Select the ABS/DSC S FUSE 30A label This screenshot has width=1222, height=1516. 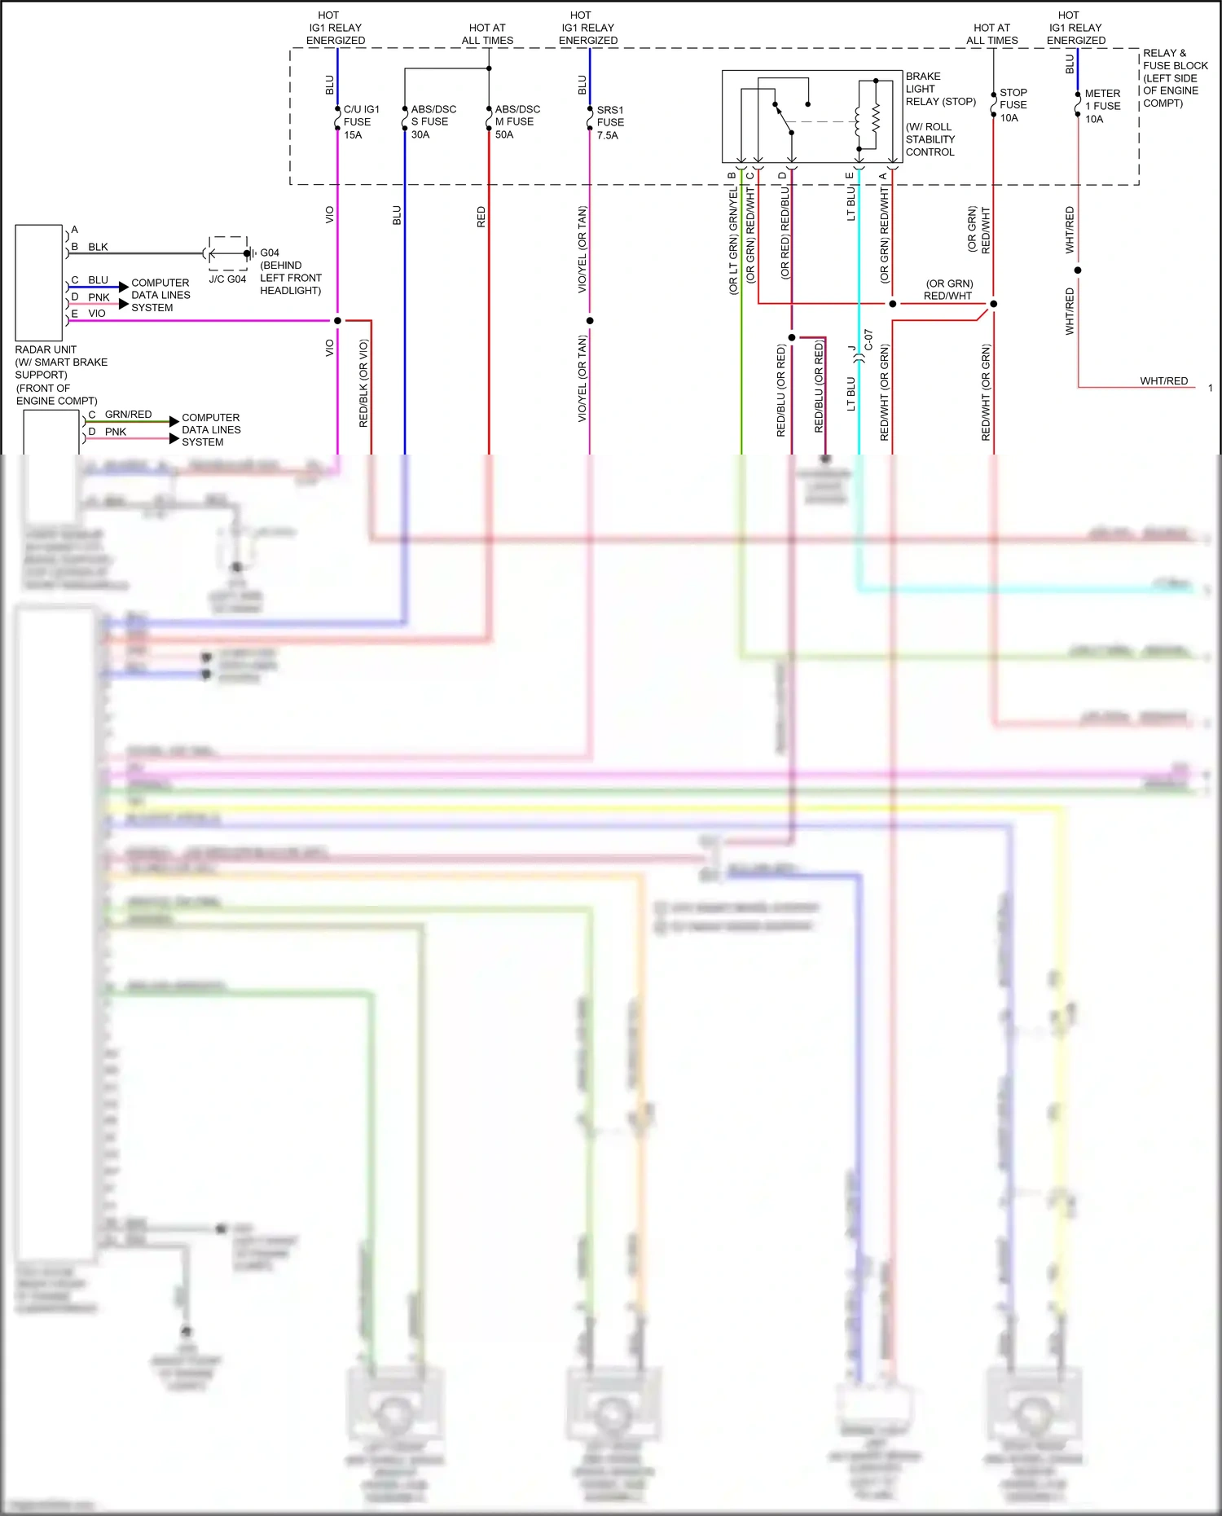[x=432, y=121]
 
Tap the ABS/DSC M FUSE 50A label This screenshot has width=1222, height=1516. [x=516, y=121]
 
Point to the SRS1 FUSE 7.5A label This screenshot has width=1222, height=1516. [x=609, y=122]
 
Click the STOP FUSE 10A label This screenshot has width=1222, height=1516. [x=1012, y=105]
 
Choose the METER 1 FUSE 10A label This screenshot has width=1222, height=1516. [x=1101, y=106]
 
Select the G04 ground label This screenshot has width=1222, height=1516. [x=269, y=253]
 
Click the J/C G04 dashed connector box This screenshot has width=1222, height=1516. [x=228, y=253]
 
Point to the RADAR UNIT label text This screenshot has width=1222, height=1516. [x=46, y=349]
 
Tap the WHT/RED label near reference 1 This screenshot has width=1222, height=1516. [x=1163, y=380]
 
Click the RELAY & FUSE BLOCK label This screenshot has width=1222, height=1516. [x=1174, y=59]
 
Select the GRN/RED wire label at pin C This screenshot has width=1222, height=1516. [x=128, y=415]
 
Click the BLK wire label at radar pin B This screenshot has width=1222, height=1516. [x=98, y=247]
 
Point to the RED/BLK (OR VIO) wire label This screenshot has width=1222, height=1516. [x=363, y=383]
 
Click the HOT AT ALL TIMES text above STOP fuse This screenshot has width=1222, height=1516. [x=991, y=33]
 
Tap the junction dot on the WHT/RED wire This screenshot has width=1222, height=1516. [x=1078, y=270]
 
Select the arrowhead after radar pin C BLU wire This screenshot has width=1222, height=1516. [x=124, y=287]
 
